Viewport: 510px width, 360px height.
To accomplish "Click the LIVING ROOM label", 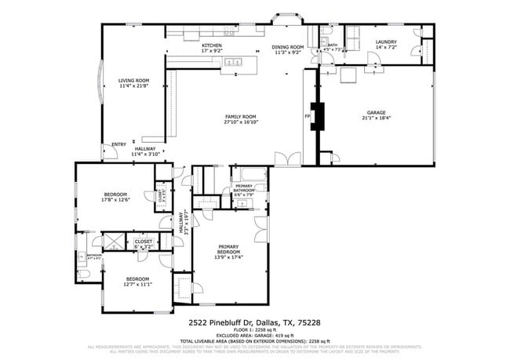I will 134,80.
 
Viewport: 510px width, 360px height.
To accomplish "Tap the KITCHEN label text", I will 212,45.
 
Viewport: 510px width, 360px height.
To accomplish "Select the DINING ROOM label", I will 287,47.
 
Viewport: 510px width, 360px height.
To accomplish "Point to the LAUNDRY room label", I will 385,42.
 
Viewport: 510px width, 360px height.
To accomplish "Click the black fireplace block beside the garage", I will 318,115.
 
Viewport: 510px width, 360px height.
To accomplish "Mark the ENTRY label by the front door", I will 118,144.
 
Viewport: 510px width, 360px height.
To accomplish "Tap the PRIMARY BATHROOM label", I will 243,188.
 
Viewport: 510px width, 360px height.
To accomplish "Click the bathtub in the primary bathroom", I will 250,173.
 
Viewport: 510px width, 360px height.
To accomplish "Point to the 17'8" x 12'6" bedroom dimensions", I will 115,199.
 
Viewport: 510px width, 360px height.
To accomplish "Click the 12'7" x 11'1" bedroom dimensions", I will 137,284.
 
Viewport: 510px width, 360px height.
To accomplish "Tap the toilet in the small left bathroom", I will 85,272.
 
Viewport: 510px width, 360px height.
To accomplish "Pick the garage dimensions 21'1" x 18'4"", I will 377,118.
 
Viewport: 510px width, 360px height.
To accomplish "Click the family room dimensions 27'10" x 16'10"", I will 242,122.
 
